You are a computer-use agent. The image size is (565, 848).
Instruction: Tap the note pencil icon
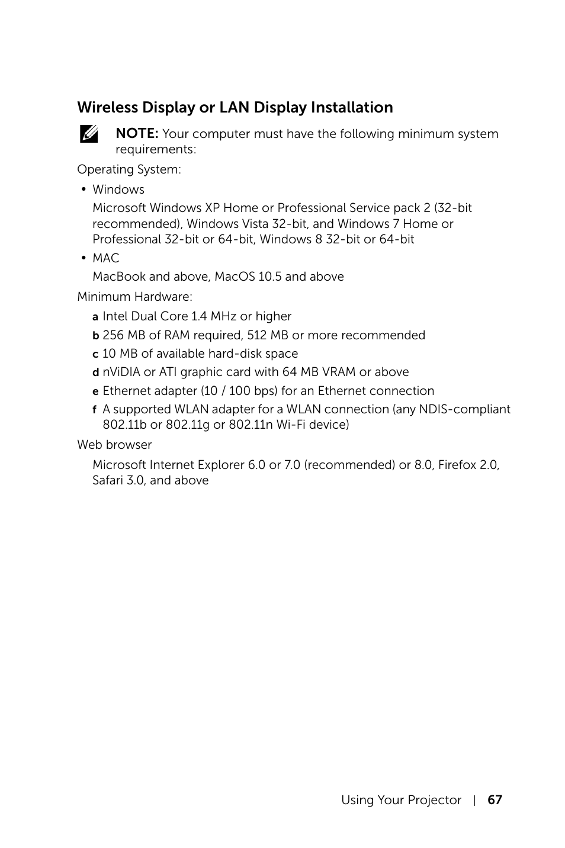(x=88, y=134)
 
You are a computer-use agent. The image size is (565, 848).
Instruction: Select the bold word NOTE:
(x=137, y=134)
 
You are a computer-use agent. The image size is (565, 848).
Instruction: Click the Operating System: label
(x=129, y=169)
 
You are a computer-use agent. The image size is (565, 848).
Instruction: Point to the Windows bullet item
(x=118, y=189)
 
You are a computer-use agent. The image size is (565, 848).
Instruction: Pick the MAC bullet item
(x=106, y=258)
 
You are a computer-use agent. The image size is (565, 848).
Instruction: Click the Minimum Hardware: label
(x=134, y=297)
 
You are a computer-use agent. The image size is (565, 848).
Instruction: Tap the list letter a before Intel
(x=95, y=317)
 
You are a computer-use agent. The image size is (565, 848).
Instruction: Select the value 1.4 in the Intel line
(x=200, y=316)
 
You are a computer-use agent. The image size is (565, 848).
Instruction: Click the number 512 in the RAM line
(x=257, y=335)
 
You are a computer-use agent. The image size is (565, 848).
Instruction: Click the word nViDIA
(x=121, y=372)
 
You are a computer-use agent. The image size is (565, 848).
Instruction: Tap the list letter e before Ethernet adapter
(x=95, y=391)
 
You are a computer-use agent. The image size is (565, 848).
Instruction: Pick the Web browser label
(x=114, y=445)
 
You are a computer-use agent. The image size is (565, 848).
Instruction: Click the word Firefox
(x=457, y=465)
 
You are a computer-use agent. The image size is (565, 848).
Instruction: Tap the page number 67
(x=495, y=800)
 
